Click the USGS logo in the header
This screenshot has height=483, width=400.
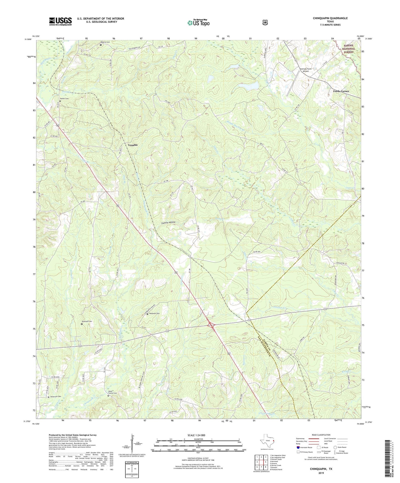(60, 21)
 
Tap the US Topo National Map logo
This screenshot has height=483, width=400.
(198, 22)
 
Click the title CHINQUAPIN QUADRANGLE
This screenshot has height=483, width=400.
(330, 18)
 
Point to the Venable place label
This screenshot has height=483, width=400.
(133, 145)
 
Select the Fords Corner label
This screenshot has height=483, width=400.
(341, 91)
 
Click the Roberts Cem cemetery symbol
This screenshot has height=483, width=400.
(101, 45)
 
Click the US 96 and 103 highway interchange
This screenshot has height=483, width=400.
(211, 325)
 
